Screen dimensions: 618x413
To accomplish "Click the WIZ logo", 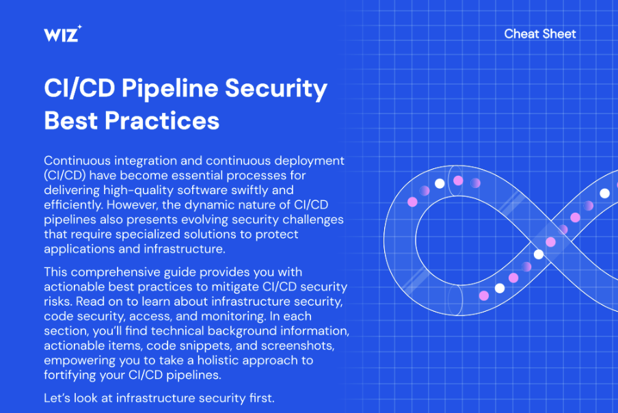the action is tap(63, 34).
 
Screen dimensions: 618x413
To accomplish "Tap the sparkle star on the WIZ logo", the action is tap(79, 27).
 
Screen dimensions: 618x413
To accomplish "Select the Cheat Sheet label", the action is tap(540, 34).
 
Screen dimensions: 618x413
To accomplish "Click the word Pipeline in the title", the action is tap(170, 89).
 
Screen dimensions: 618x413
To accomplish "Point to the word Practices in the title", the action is tap(162, 120).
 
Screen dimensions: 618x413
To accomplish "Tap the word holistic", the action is tap(219, 360).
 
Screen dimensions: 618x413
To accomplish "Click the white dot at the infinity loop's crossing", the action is tap(539, 254).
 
